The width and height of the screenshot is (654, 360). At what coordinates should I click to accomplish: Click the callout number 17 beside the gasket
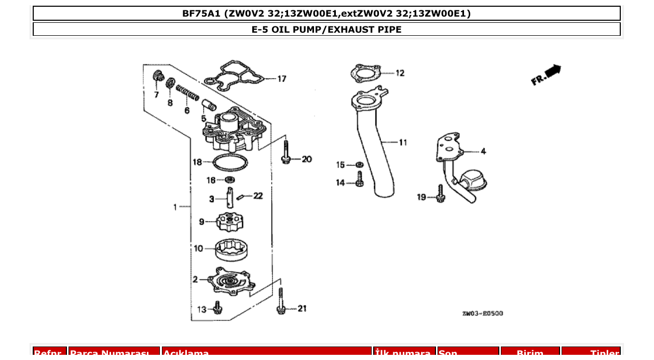281,79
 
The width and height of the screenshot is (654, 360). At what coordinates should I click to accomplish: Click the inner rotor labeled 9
229,223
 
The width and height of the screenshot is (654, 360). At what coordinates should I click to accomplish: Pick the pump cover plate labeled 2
231,282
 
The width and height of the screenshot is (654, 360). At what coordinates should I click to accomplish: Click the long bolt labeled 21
281,302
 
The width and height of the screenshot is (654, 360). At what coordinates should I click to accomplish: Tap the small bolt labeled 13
218,308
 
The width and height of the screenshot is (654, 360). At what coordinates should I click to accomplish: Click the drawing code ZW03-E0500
482,313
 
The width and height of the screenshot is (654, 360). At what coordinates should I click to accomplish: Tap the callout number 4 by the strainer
483,151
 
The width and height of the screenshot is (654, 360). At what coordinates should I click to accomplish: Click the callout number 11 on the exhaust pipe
403,142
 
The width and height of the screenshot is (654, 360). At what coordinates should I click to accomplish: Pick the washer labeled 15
359,165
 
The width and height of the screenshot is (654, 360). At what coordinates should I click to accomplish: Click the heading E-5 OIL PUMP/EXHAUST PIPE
326,29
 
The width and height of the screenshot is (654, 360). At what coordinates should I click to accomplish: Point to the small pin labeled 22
240,196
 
